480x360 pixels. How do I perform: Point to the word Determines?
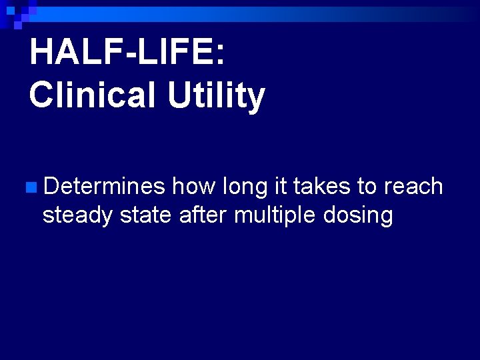103,187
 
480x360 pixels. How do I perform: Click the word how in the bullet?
193,187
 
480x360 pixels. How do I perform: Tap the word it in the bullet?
281,187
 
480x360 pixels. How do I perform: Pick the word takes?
319,187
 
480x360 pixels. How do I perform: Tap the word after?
204,215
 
